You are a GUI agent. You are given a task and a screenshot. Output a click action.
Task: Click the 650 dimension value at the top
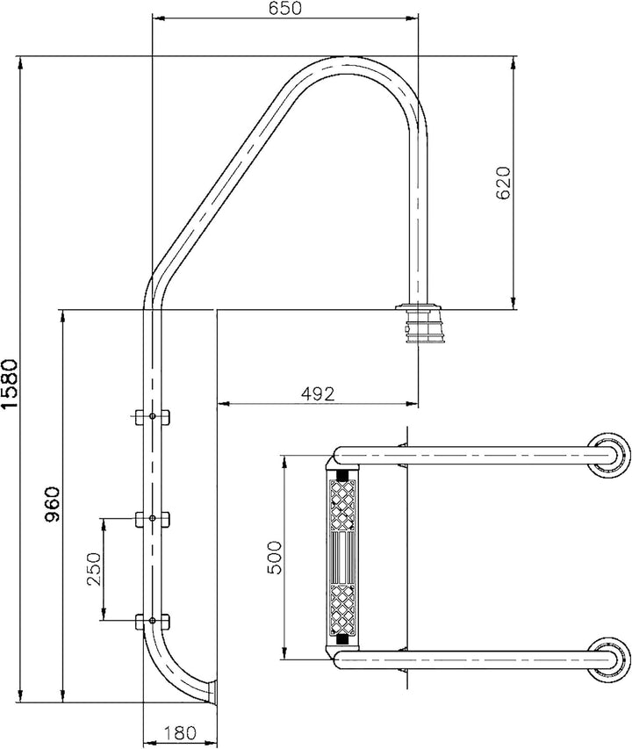pyautogui.click(x=285, y=9)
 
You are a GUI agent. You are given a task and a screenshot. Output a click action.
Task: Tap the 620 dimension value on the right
pyautogui.click(x=503, y=184)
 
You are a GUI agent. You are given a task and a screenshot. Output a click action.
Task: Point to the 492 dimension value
pyautogui.click(x=318, y=394)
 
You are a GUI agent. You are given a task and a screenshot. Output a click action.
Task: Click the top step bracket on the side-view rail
pyautogui.click(x=153, y=416)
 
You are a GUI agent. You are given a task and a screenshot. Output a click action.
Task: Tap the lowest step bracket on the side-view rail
pyautogui.click(x=153, y=623)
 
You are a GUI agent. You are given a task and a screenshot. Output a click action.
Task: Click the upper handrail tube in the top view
pyautogui.click(x=465, y=454)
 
